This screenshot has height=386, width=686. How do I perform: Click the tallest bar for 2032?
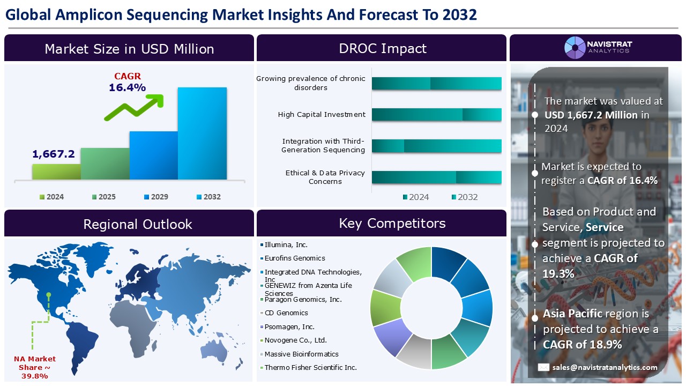pos(202,133)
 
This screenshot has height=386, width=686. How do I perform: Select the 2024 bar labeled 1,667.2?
pos(56,172)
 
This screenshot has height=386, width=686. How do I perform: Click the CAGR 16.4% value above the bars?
pos(127,87)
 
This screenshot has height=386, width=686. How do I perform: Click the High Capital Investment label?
pos(322,114)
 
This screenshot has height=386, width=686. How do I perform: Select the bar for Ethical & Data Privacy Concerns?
pos(436,177)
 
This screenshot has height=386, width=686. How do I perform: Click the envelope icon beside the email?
pos(543,367)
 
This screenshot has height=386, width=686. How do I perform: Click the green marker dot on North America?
pos(49,294)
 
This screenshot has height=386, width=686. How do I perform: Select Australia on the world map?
pos(216,350)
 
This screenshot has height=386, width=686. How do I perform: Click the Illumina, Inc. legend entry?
pos(286,244)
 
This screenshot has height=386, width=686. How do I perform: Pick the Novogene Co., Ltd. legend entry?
pos(295,340)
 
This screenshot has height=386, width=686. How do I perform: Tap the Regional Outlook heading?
pos(137,224)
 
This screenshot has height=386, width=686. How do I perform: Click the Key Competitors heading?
pos(392,223)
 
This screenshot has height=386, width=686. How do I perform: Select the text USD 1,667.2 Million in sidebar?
pos(591,115)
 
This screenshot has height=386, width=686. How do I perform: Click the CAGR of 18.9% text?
pos(582,344)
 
